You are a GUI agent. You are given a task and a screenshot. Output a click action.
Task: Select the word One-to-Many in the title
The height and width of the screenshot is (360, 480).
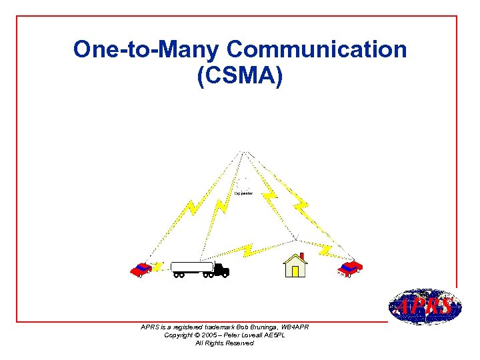[x=147, y=49]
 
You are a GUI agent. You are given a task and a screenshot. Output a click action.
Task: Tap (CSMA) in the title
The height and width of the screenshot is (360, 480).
[x=240, y=75]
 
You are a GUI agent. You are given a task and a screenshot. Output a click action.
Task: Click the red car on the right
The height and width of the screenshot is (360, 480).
[x=349, y=269]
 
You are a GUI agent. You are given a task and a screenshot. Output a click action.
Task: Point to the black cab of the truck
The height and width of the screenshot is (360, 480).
[x=221, y=269]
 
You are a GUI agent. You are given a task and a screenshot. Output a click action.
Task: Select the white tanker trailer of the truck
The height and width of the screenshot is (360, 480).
[x=192, y=267]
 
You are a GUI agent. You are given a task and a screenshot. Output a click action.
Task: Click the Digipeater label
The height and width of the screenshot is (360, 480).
[x=243, y=193]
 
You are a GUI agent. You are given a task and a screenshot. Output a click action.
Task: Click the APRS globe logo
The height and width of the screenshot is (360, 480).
[x=424, y=307]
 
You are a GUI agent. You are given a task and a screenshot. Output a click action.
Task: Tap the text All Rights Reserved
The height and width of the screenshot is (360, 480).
[x=224, y=343]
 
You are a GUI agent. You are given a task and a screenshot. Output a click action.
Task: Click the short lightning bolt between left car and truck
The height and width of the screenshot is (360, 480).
[x=158, y=267]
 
